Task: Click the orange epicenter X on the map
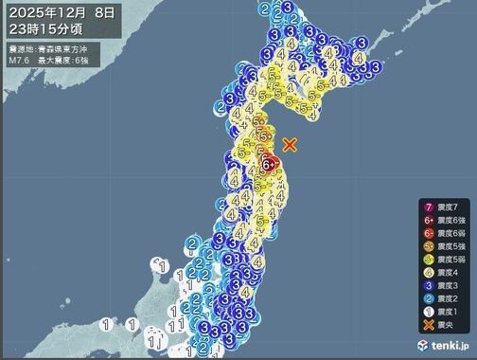point(291,144)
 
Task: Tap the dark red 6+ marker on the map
point(269,164)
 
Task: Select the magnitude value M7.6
point(20,59)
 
